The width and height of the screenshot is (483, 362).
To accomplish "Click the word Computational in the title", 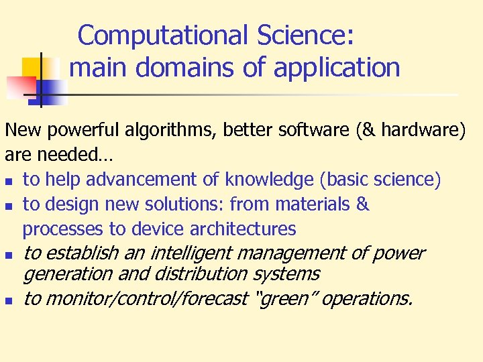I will [146, 36].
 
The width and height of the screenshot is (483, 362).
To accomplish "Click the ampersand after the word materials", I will [363, 204].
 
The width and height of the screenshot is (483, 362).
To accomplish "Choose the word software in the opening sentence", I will [318, 130].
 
